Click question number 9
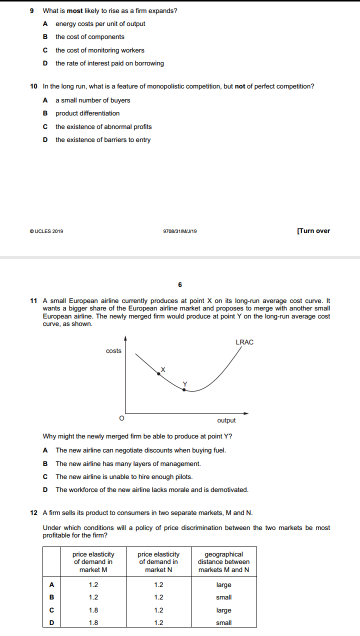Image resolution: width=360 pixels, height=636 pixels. (x=32, y=10)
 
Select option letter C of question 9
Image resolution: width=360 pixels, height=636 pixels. (x=45, y=50)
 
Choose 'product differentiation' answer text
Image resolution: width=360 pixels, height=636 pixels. (x=87, y=113)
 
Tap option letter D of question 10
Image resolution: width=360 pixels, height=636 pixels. (x=45, y=140)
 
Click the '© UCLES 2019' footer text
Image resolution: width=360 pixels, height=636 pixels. (x=46, y=231)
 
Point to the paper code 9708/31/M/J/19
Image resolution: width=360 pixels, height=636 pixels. (x=180, y=231)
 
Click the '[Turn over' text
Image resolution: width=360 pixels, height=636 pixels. (x=313, y=231)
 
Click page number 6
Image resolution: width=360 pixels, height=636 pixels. (x=180, y=285)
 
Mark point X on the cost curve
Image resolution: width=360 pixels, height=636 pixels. (x=159, y=373)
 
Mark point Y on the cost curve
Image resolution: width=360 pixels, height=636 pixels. (x=184, y=389)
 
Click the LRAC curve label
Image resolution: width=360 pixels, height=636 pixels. (x=244, y=342)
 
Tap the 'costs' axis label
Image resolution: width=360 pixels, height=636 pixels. (x=113, y=351)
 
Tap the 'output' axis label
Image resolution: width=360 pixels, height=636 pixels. (x=226, y=420)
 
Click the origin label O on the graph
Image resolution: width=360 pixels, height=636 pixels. (x=120, y=417)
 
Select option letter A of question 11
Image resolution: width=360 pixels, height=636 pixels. (x=45, y=450)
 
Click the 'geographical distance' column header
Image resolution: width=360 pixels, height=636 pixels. (x=223, y=562)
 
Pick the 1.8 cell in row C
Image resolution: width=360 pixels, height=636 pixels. (x=93, y=610)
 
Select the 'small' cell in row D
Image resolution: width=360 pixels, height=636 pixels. (x=223, y=623)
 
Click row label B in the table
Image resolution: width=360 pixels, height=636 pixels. (x=51, y=597)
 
